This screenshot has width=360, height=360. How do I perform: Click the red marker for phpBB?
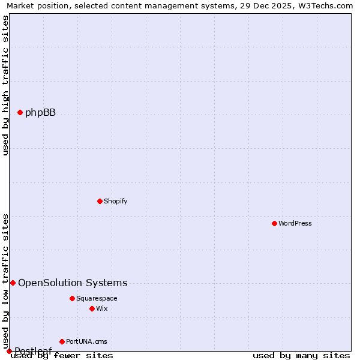(x=20, y=112)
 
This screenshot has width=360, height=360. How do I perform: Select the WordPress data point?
(x=274, y=223)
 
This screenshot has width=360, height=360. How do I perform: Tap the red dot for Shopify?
(x=100, y=201)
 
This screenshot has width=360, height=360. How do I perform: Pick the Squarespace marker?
(x=72, y=298)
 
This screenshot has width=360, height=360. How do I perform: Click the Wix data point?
(x=92, y=308)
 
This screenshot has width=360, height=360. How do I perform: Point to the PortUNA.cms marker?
(x=62, y=341)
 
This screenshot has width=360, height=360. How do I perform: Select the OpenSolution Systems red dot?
(x=13, y=283)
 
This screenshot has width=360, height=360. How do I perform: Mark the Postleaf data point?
(x=9, y=351)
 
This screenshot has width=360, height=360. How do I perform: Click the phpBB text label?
(x=40, y=112)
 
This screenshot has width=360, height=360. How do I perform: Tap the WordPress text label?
(x=295, y=223)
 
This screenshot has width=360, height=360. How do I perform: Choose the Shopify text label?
(x=115, y=201)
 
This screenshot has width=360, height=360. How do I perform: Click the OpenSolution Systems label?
(x=73, y=283)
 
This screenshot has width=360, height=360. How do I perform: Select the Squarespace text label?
(x=97, y=298)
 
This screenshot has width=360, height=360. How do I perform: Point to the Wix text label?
(x=101, y=308)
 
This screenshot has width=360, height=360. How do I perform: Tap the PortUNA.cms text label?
(x=86, y=341)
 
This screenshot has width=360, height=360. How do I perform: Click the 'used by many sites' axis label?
(x=301, y=356)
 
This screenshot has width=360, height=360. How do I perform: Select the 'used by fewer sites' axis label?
(x=62, y=356)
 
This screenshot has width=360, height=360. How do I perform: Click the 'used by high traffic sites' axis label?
(x=5, y=85)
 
